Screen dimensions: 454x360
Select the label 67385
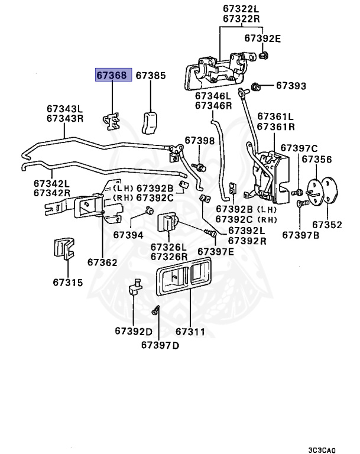(151, 76)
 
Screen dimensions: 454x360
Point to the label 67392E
(262, 38)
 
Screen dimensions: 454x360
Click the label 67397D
(160, 345)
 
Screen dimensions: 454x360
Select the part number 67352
(327, 225)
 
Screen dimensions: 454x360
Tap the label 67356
(317, 159)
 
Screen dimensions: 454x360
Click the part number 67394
(129, 235)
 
